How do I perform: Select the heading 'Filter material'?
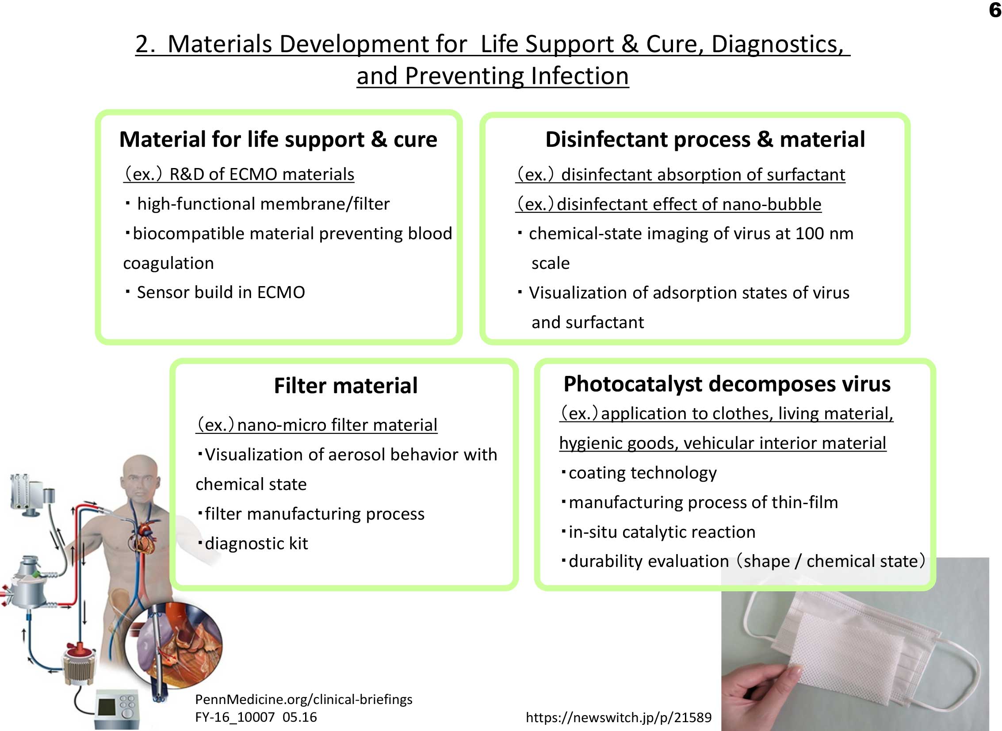[345, 386]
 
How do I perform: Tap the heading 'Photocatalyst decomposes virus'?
[727, 384]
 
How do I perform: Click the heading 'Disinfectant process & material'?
[705, 139]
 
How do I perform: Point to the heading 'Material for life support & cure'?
[278, 139]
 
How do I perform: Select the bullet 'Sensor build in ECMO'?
[215, 292]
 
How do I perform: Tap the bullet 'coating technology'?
[639, 473]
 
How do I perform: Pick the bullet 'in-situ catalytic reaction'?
[658, 532]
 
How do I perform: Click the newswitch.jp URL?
[619, 717]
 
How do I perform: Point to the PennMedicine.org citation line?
[303, 699]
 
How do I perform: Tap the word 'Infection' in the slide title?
[580, 76]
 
